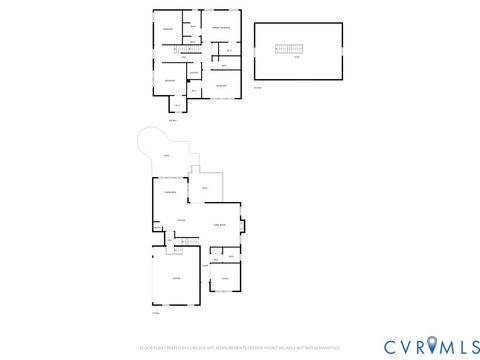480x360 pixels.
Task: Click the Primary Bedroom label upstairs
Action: [220, 28]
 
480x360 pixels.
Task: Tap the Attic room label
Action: [296, 57]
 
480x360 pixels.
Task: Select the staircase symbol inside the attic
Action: [288, 48]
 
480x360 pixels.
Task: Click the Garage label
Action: [176, 277]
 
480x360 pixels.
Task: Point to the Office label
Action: [225, 277]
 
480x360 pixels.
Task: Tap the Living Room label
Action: [218, 226]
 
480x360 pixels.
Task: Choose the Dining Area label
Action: [170, 191]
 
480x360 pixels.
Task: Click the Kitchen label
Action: [181, 220]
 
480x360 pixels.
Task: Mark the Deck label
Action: [204, 188]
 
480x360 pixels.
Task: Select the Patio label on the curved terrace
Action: [166, 157]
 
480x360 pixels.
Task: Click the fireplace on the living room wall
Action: [242, 225]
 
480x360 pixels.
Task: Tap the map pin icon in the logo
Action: [433, 345]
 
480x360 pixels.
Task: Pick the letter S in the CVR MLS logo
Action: [471, 345]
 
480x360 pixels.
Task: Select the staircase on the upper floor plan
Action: [183, 49]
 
